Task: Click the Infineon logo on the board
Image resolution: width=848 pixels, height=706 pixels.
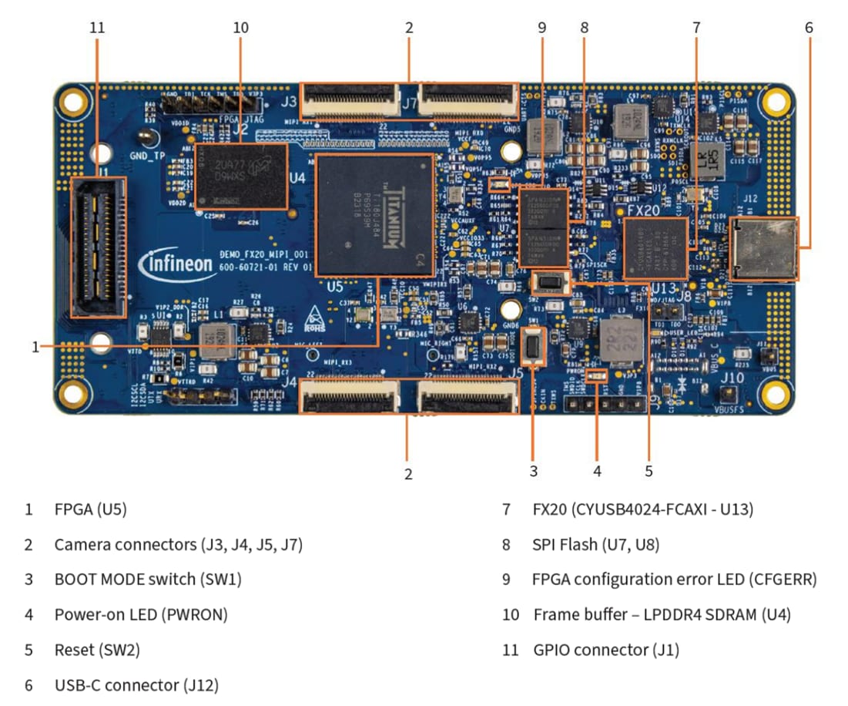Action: (176, 264)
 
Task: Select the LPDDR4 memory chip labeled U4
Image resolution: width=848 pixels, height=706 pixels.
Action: (241, 176)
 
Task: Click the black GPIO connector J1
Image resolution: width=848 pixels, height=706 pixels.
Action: (98, 247)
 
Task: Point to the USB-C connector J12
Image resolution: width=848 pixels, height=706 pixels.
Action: (763, 248)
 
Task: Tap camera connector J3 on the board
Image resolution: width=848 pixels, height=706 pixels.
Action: (350, 99)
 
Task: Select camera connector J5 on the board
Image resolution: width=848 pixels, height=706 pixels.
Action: (467, 396)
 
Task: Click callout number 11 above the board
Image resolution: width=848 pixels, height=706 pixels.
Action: (96, 28)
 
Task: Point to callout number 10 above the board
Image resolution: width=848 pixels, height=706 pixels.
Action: (240, 28)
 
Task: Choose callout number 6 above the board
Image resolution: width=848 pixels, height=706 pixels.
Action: (809, 28)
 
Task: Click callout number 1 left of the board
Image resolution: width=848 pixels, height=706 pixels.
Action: (35, 347)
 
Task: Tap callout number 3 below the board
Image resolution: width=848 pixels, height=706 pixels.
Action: (533, 470)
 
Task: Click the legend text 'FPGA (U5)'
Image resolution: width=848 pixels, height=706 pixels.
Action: (90, 509)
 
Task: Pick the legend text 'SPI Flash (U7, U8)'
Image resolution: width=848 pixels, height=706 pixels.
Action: (595, 545)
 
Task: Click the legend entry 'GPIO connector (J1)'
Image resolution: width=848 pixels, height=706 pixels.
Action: (606, 650)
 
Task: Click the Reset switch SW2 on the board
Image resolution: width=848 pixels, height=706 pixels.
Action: (550, 282)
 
